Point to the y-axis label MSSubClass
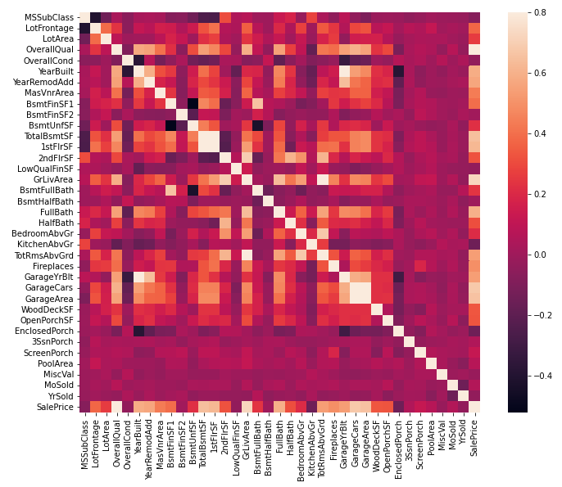[48, 17]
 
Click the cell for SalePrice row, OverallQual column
[116, 407]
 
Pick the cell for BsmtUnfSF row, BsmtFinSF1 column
[170, 125]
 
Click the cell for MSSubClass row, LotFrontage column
[94, 17]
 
